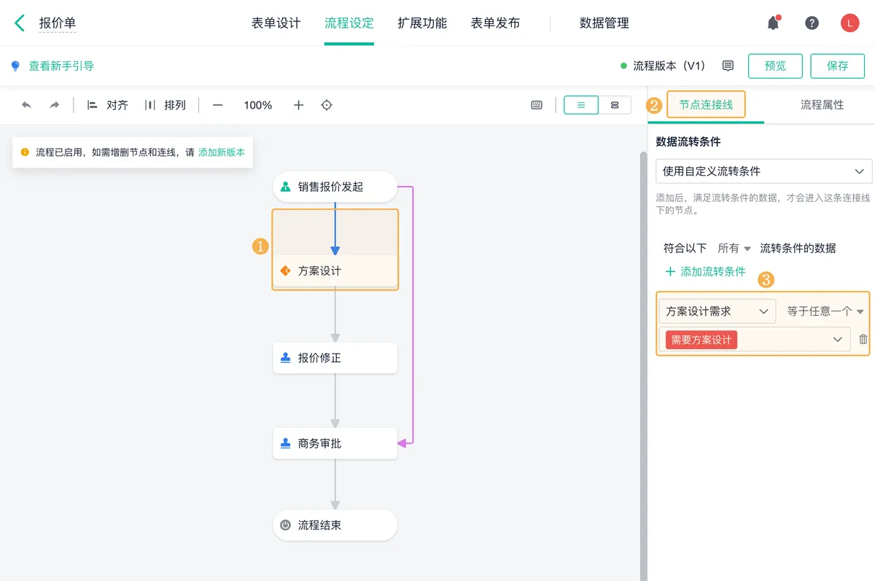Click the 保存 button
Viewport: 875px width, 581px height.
coord(837,66)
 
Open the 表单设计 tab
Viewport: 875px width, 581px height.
coord(276,23)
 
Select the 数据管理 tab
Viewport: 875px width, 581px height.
coord(604,23)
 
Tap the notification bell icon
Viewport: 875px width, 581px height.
coord(773,23)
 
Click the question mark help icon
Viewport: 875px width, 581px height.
coord(812,23)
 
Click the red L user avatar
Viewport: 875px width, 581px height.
coord(849,23)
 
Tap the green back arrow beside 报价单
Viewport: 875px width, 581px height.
coord(20,23)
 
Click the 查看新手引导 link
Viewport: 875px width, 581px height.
coord(61,66)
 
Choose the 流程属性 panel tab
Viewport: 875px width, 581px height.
coord(822,105)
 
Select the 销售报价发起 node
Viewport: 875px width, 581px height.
coord(335,187)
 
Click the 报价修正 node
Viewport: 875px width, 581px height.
coord(335,358)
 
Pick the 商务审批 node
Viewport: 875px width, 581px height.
coord(335,443)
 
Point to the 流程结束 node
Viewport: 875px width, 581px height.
coord(335,525)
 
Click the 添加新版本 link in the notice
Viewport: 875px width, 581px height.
coord(222,152)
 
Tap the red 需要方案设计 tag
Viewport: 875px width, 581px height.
coord(701,340)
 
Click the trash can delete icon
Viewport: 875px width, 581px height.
coord(863,339)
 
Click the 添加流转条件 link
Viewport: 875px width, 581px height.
coord(706,271)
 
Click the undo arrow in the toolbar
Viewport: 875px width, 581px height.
coord(26,105)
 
